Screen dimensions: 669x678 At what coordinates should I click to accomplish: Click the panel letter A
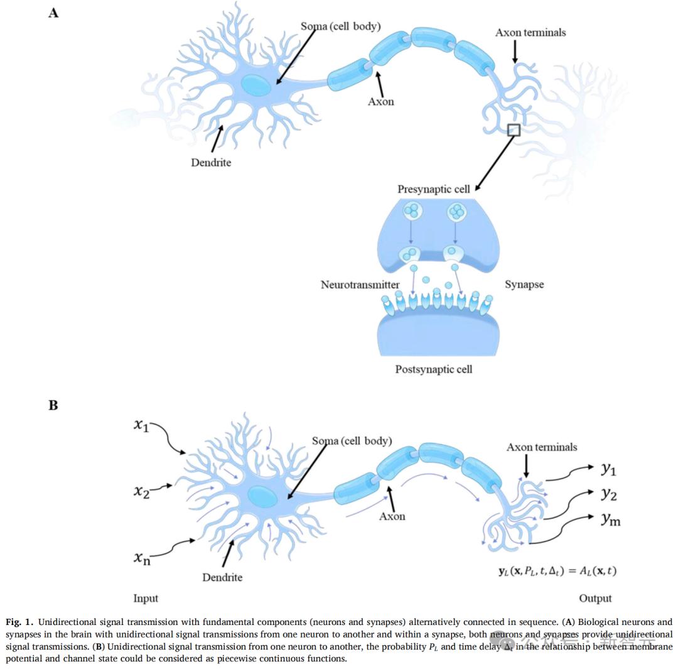[53, 13]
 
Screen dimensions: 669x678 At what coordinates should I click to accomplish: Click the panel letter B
[53, 405]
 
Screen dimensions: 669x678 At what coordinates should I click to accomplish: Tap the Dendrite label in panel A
[211, 163]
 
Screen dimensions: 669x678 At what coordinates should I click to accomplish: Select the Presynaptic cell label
[434, 189]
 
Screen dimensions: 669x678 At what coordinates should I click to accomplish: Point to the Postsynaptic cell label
[434, 369]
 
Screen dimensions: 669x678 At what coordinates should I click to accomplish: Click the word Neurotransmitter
[360, 285]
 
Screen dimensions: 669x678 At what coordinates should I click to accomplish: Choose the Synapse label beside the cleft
[524, 285]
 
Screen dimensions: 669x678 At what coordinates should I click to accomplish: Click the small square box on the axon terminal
[514, 130]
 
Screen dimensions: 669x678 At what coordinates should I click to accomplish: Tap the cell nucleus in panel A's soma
[256, 85]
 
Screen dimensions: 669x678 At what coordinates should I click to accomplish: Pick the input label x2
[141, 491]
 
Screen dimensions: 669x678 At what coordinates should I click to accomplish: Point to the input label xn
[142, 557]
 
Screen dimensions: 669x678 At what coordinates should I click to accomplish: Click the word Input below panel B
[146, 598]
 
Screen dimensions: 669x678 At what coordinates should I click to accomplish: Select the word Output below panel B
[595, 598]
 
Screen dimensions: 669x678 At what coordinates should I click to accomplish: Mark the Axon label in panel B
[392, 516]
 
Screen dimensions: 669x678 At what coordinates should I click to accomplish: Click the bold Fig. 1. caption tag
[19, 622]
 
